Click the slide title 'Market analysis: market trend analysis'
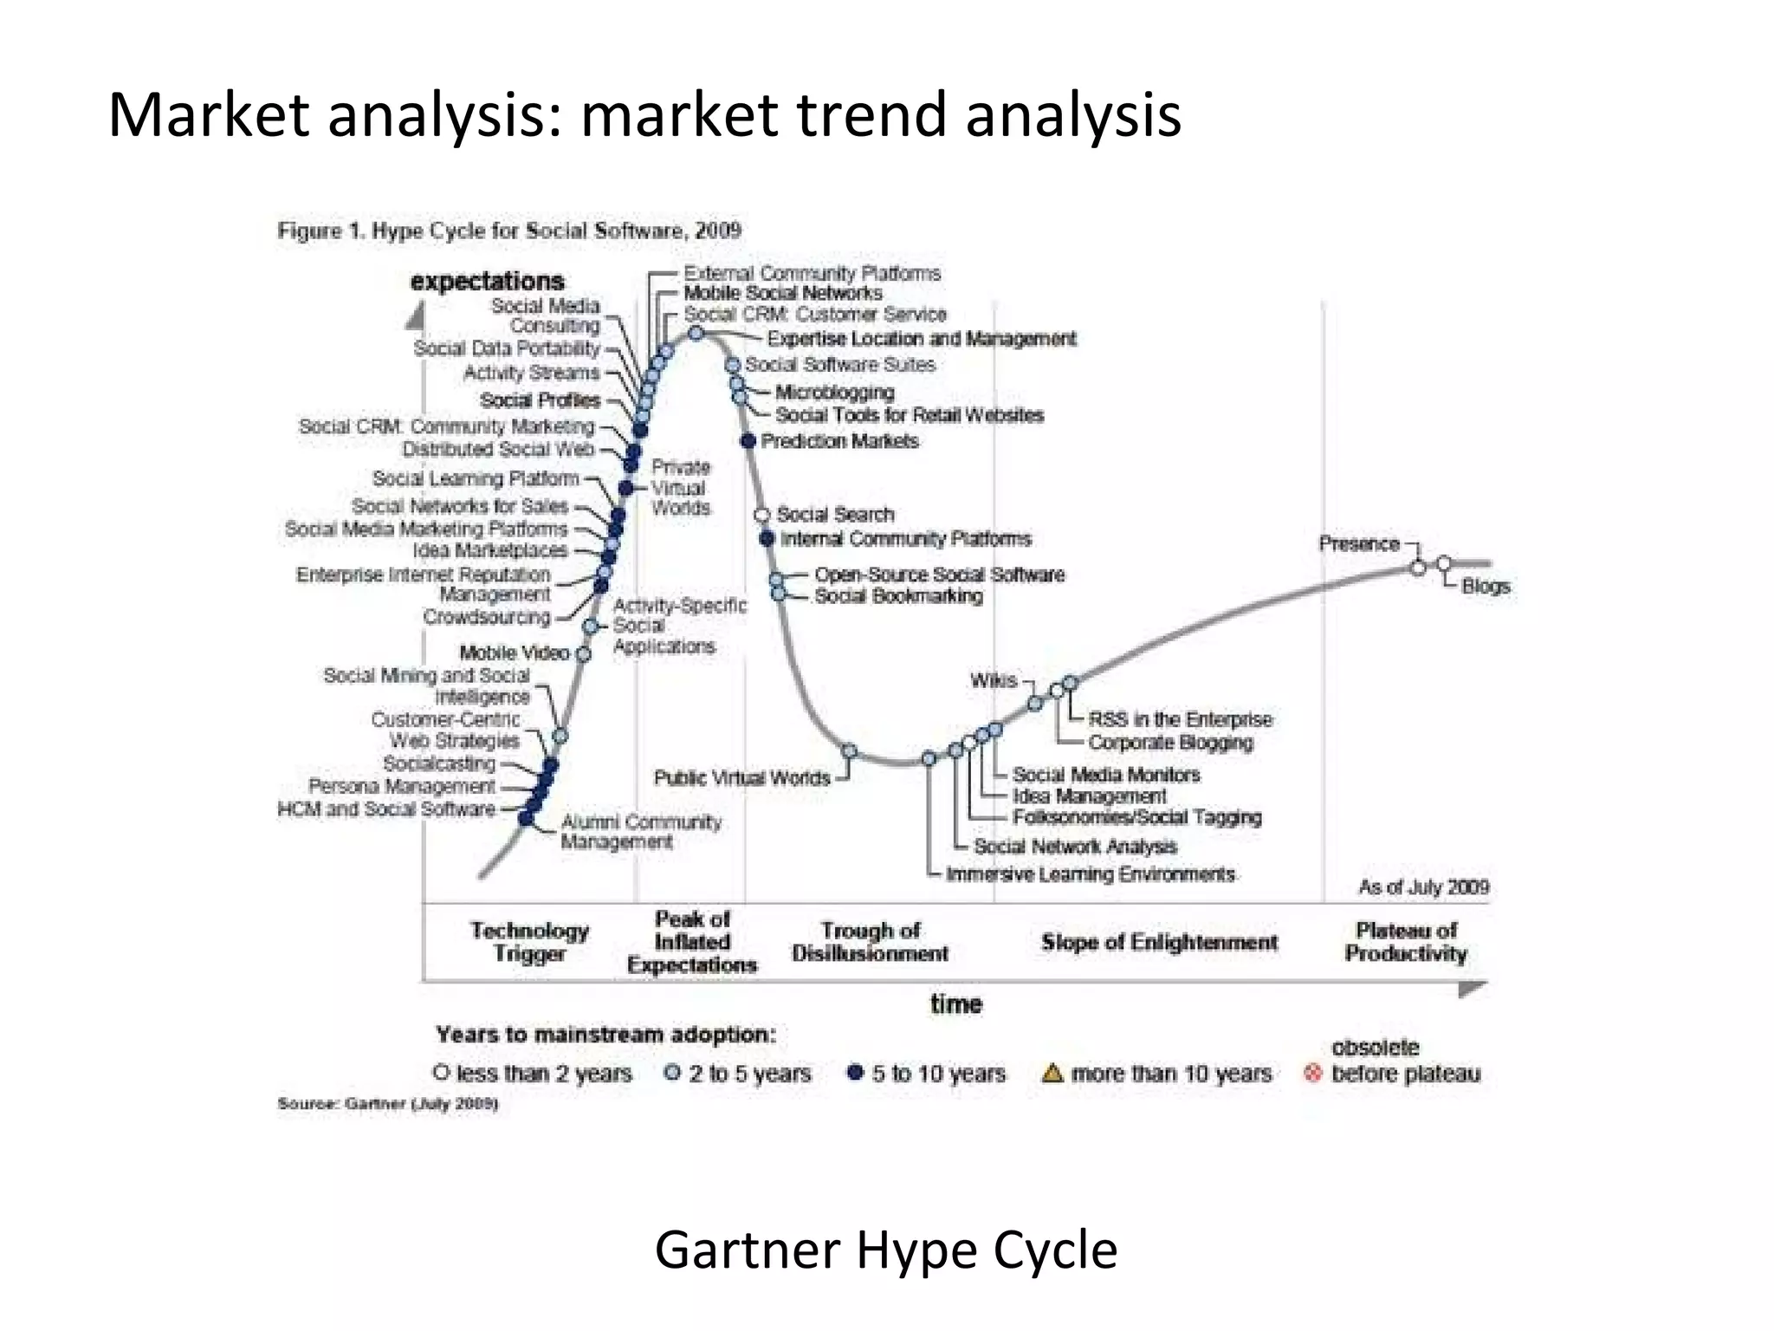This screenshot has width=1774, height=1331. pos(644,115)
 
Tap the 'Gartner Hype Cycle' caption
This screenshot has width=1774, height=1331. pos(885,1250)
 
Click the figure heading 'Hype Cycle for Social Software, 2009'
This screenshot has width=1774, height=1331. pos(509,230)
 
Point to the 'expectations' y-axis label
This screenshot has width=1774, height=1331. pos(487,282)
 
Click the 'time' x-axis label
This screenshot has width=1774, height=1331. pos(956,1004)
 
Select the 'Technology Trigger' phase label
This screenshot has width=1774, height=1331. pos(529,942)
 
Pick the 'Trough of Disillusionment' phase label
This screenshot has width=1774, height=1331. pos(870,942)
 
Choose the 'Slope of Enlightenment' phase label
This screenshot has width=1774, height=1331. pos(1159,943)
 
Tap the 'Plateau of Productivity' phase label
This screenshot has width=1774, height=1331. pos(1406,942)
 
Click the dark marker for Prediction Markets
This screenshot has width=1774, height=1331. pos(749,441)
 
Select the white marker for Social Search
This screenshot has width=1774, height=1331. pos(762,515)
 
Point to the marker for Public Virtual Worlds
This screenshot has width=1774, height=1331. pos(849,751)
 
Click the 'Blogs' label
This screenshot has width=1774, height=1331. pos(1486,587)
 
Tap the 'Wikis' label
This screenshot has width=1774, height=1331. pos(994,680)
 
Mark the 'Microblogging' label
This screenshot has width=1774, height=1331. pos(834,393)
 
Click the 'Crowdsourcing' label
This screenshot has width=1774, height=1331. pos(487,617)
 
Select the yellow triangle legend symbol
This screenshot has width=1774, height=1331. pos(1052,1074)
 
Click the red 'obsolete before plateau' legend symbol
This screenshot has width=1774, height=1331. pos(1313,1074)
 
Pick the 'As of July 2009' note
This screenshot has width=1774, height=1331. pos(1423,887)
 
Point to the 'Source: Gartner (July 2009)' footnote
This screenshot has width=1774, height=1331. pos(387,1104)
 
